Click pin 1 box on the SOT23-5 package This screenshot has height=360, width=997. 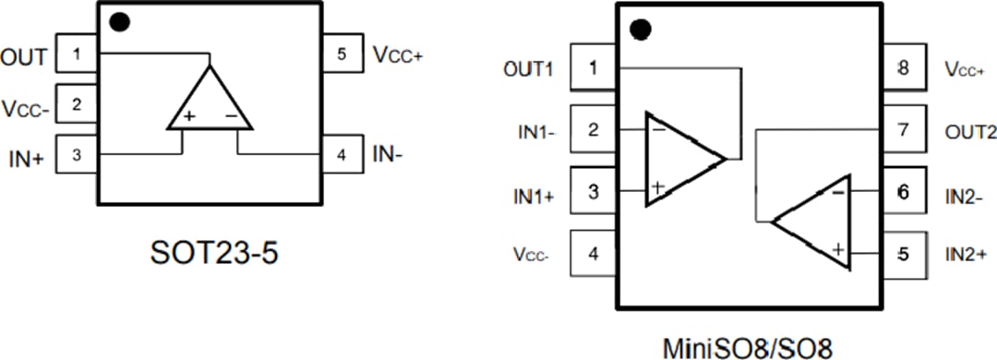tap(78, 54)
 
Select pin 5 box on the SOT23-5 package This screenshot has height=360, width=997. tap(342, 54)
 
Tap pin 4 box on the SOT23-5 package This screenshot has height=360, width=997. tap(342, 154)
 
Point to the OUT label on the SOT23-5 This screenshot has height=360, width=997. tap(24, 57)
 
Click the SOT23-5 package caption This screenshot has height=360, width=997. tap(213, 252)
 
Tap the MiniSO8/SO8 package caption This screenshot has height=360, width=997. tap(748, 348)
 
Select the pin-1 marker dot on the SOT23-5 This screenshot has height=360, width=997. tap(118, 22)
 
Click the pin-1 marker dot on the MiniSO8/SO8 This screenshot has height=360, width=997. tap(640, 30)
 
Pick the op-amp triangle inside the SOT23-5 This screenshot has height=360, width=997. tap(210, 102)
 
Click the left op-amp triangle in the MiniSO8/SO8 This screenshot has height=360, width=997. tap(681, 159)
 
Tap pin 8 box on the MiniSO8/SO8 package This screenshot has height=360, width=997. tap(902, 68)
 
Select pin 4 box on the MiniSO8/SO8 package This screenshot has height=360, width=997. tap(593, 253)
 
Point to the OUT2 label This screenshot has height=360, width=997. tap(970, 132)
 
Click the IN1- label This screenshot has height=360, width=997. tap(535, 132)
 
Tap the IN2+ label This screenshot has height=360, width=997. tap(968, 252)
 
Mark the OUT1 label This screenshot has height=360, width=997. tap(529, 69)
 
